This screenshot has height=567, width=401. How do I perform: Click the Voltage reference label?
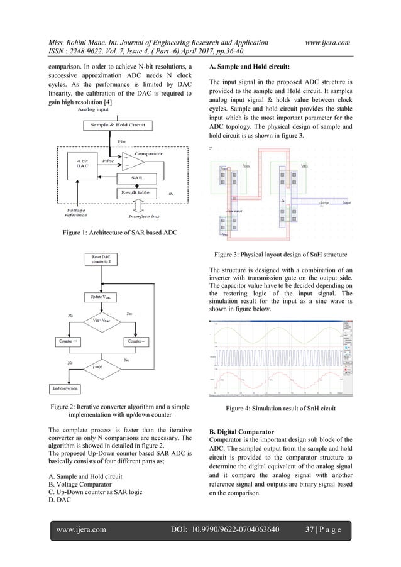click(80, 214)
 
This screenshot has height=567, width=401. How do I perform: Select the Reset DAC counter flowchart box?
click(102, 260)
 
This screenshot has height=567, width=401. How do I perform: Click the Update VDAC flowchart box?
click(102, 297)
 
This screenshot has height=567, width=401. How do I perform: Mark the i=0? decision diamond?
click(102, 366)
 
